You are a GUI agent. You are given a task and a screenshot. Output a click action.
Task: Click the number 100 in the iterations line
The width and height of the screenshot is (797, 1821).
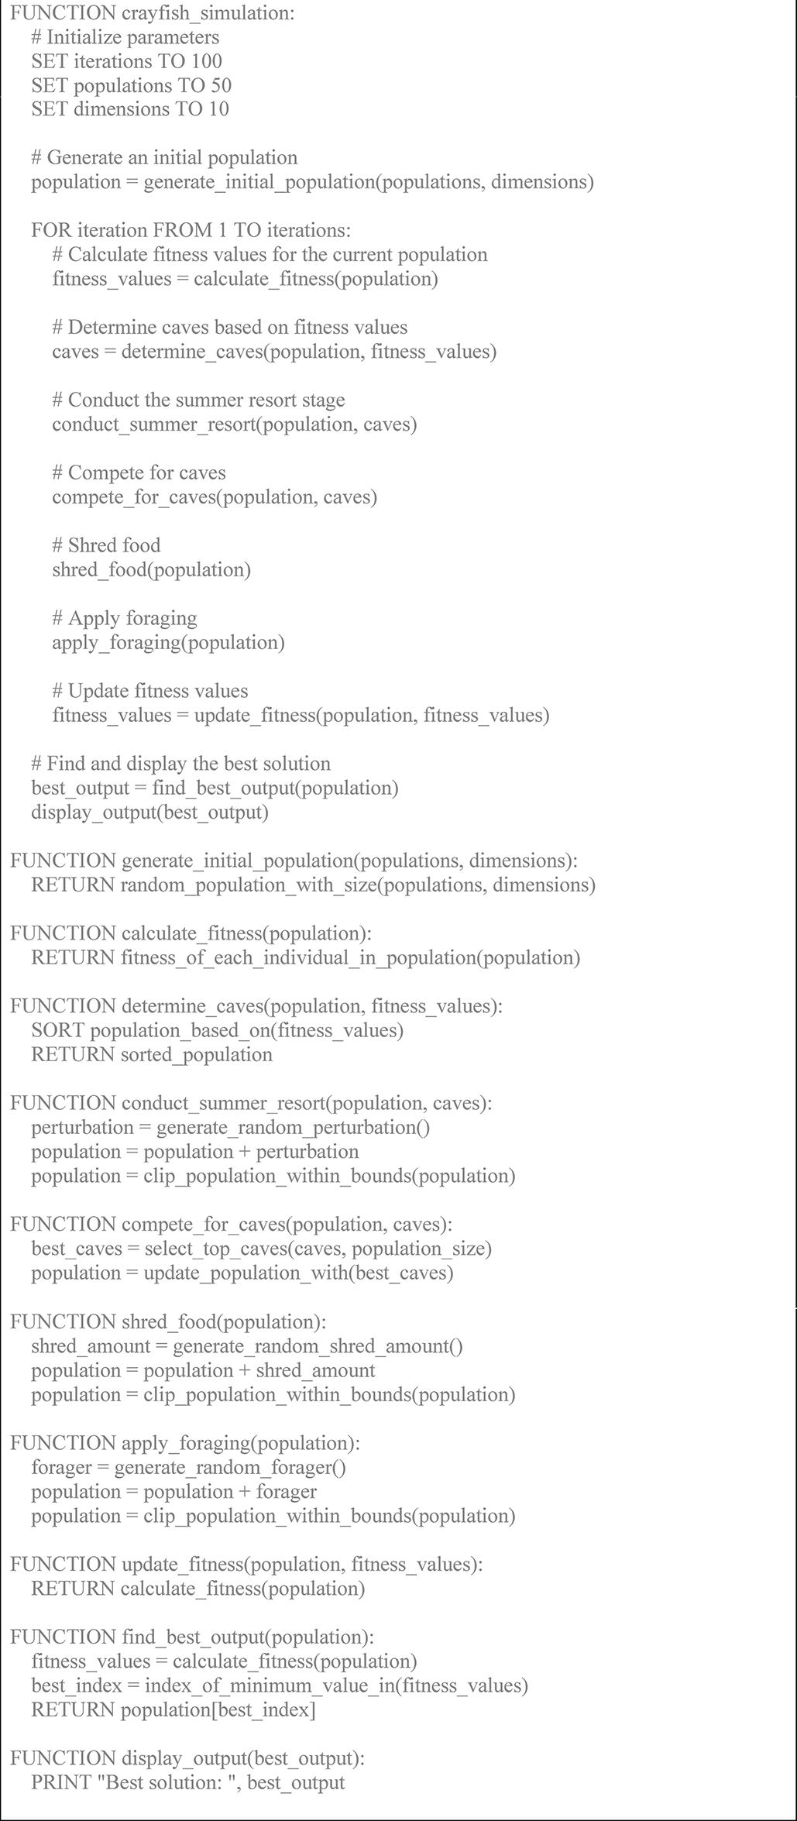(207, 61)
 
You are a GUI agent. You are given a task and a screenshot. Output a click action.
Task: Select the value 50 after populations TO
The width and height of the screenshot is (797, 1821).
(221, 85)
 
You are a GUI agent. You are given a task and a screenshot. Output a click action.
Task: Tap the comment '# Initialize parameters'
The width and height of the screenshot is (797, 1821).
(125, 37)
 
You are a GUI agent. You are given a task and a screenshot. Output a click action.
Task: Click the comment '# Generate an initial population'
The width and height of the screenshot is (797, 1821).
(164, 158)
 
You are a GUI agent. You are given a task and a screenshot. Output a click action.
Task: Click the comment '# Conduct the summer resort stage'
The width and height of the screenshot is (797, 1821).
(198, 400)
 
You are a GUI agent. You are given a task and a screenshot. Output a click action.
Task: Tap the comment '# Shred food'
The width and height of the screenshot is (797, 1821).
(106, 545)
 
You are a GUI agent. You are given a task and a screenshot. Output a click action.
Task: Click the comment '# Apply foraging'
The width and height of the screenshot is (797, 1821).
(124, 618)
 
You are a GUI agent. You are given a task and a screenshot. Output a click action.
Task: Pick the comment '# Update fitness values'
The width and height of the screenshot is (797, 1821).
(150, 691)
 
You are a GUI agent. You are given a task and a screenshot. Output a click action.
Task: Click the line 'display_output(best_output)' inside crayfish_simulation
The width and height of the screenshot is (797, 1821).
(149, 813)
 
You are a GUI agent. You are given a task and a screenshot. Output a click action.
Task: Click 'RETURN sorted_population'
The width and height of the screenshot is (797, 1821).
(152, 1055)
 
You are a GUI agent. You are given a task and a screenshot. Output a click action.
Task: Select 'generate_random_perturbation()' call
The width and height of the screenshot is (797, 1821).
(293, 1128)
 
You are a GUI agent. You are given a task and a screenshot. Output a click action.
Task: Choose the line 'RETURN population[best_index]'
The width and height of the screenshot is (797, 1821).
(173, 1710)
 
